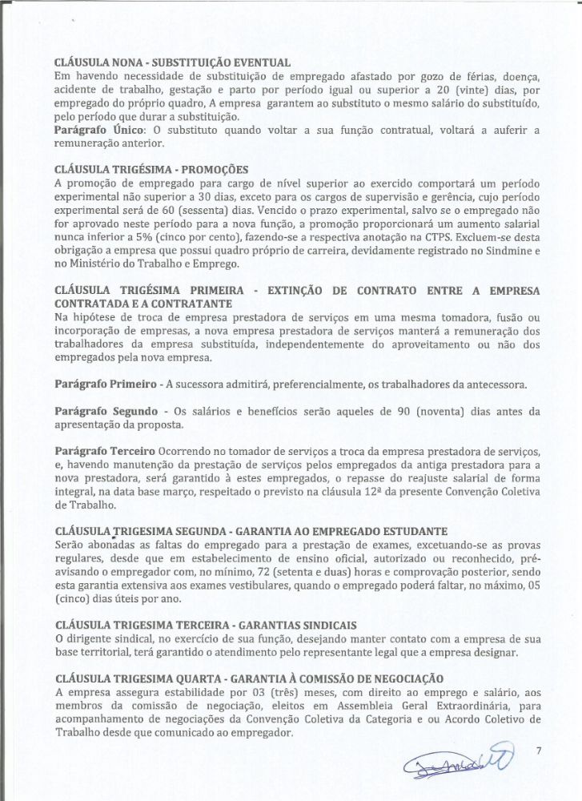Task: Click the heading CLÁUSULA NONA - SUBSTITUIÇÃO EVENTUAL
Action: pyautogui.click(x=171, y=62)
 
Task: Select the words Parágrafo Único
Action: pyautogui.click(x=88, y=130)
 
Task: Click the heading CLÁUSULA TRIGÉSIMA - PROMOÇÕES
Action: pyautogui.click(x=151, y=170)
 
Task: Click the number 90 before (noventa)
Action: pyautogui.click(x=406, y=412)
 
